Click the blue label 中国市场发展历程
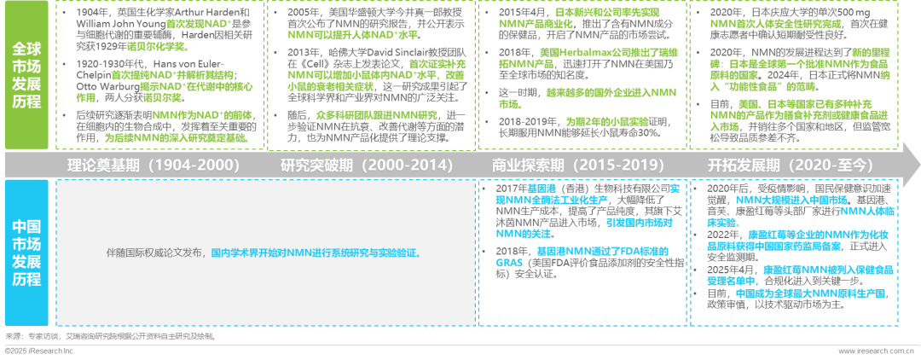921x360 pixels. pos(27,253)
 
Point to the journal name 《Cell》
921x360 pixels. pos(307,63)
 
